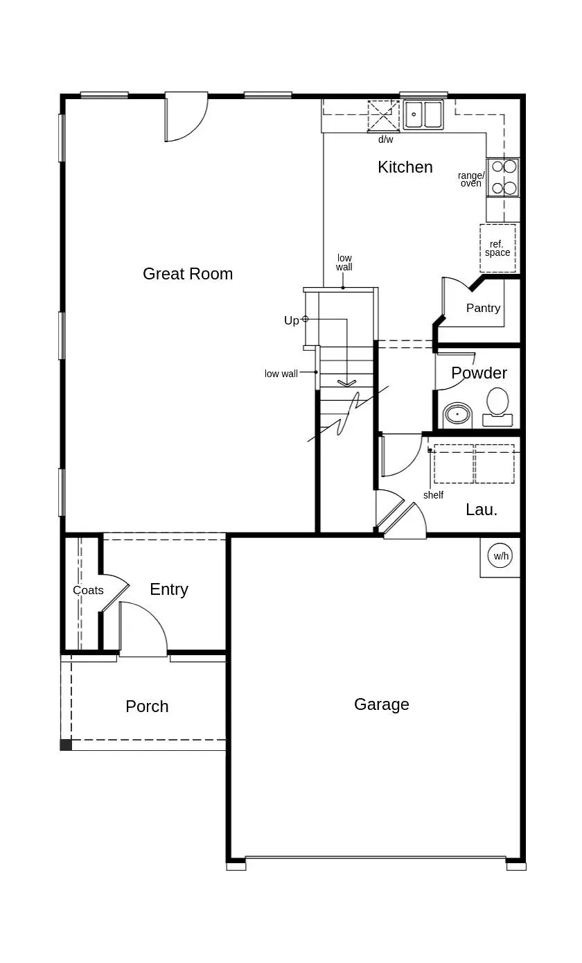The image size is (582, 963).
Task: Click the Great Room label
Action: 188,274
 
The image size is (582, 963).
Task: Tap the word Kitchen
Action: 405,167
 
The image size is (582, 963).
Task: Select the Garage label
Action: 382,704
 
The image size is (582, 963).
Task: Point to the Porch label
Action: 147,706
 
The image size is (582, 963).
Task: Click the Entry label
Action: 169,589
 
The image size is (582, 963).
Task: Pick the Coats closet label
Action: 88,591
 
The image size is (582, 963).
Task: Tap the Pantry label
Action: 483,308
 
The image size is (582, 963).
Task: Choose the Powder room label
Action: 479,373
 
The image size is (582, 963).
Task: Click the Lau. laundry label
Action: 482,510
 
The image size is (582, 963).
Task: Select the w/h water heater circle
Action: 500,555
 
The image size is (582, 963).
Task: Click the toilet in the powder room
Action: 497,405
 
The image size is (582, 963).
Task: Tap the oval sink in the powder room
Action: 457,415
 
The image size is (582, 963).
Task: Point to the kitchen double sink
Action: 423,114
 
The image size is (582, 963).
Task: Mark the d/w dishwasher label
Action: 385,139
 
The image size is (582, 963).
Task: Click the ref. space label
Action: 497,248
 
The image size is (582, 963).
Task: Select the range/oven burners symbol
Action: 504,177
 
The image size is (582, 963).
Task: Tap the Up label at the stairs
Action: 292,320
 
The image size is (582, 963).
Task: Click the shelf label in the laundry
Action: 433,495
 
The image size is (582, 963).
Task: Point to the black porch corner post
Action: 66,745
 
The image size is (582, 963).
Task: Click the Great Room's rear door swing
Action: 186,119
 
